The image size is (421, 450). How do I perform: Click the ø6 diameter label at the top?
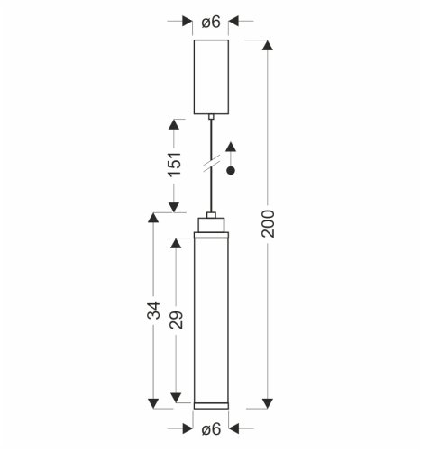click(211, 22)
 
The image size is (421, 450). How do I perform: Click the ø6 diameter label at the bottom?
click(211, 428)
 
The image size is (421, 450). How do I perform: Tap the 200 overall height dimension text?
click(268, 224)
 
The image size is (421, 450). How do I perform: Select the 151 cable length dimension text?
click(175, 164)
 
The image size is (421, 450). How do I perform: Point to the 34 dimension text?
click(154, 310)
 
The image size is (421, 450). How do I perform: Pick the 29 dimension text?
click(177, 319)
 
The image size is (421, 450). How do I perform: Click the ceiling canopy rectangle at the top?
click(211, 77)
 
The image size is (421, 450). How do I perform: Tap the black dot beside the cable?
click(231, 171)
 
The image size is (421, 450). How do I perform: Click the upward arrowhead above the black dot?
click(231, 147)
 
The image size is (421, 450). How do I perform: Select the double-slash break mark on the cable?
click(211, 164)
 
